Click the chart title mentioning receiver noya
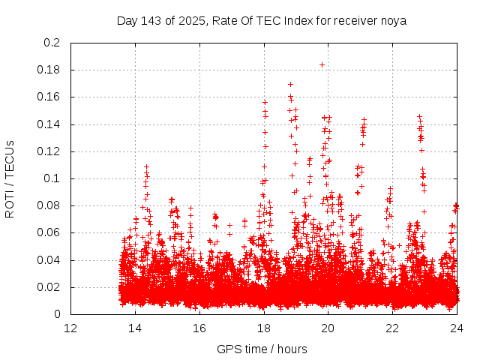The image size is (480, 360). coord(261,20)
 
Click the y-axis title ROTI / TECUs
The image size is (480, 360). coord(10,178)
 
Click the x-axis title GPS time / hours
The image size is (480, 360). coord(262,349)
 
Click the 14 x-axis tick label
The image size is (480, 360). coord(136,328)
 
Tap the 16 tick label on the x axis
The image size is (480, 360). coord(199,328)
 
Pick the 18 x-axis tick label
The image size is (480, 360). coord(264,328)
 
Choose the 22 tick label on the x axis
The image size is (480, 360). coord(392,328)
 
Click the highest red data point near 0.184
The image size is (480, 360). coord(322,64)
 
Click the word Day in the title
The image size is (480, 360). coord(127,20)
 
